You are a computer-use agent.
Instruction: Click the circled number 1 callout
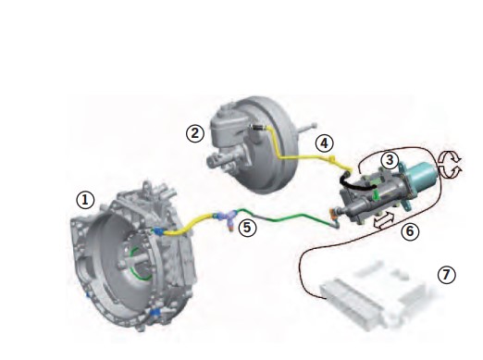point(85,200)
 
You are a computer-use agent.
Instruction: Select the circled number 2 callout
point(195,133)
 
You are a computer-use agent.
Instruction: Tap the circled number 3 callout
point(390,160)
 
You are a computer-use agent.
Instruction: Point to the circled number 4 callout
point(324,143)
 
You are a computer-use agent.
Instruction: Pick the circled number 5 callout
point(248,228)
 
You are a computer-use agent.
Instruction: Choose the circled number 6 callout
point(410,231)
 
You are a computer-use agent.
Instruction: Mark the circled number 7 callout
point(447,274)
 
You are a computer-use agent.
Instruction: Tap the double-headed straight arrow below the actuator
point(384,221)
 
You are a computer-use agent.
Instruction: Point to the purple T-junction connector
point(228,217)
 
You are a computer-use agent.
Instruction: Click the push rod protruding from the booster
point(306,128)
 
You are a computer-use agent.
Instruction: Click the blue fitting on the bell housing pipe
point(158,230)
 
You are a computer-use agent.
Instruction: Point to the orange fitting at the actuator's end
point(332,212)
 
